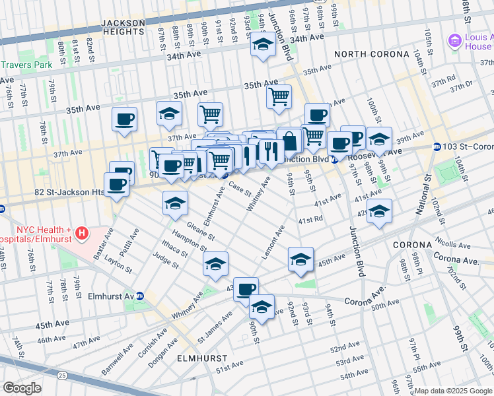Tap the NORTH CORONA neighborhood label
[x=367, y=54]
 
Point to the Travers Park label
[x=26, y=65]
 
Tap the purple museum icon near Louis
[x=454, y=42]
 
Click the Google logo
[x=22, y=387]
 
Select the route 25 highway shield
[x=61, y=375]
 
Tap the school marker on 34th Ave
[x=263, y=45]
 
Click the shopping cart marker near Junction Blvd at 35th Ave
[x=279, y=96]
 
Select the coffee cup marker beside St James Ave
[x=246, y=288]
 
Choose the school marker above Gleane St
[x=175, y=203]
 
